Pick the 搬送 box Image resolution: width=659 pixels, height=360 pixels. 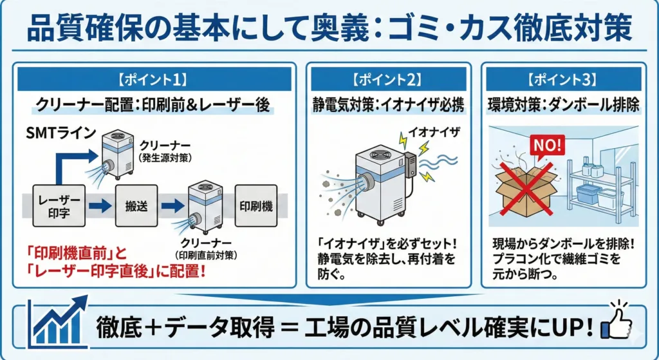click(x=136, y=206)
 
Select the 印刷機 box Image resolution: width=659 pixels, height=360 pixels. click(x=256, y=206)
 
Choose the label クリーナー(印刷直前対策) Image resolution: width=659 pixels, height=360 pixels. click(x=206, y=247)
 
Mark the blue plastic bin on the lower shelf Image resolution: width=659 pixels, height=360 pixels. click(x=588, y=195)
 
